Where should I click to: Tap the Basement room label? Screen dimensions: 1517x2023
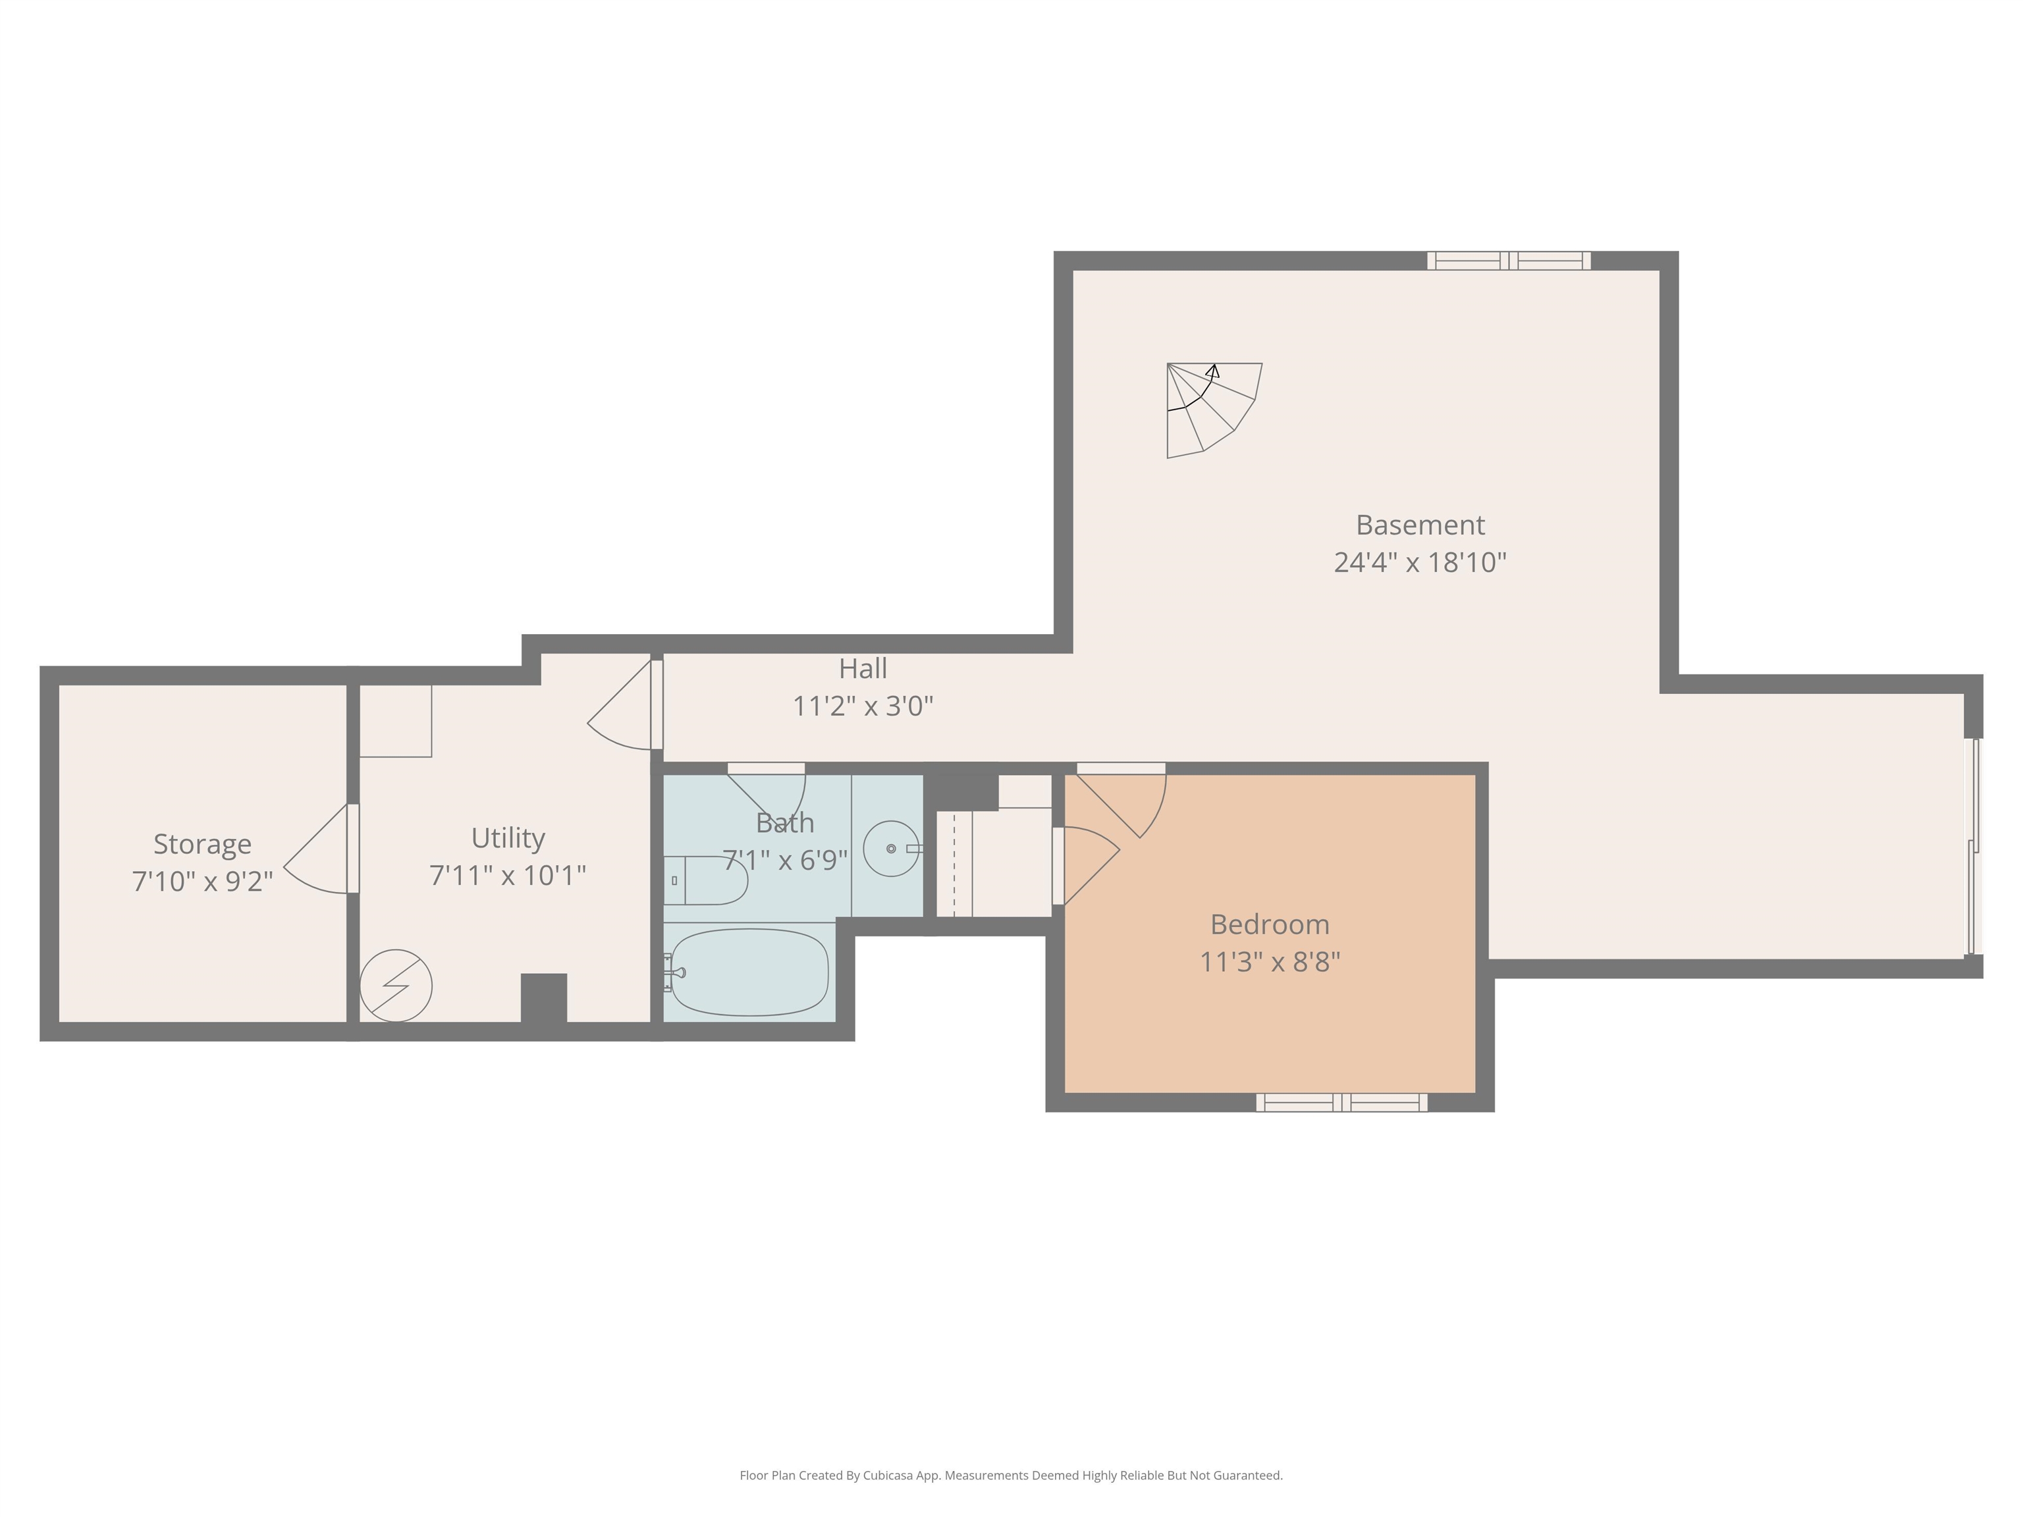pos(1419,525)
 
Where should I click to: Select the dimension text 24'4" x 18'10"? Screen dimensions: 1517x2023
pos(1419,562)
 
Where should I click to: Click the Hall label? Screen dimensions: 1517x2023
pos(863,668)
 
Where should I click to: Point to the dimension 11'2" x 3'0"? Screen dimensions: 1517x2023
pos(863,706)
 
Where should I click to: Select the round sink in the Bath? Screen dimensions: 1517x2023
pos(891,849)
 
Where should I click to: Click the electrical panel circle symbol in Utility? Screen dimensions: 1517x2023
pos(395,986)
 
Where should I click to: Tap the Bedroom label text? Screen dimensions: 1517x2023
pos(1270,924)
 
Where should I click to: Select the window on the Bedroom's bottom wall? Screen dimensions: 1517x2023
pos(1341,1102)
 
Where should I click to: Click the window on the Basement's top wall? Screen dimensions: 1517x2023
pos(1509,261)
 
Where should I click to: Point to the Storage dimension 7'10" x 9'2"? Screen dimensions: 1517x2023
pos(202,880)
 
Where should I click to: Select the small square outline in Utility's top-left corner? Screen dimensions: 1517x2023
pos(395,720)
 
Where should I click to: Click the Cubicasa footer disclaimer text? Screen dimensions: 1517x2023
pos(1011,1475)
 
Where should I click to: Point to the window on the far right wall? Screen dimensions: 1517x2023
pos(1974,847)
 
